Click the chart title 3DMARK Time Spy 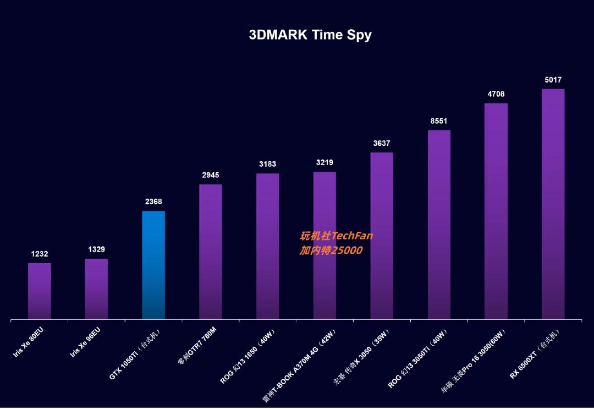pos(310,35)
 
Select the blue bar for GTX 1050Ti pos(153,264)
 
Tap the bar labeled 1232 pos(40,291)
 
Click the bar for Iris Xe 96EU pos(96,288)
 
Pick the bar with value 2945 pos(211,251)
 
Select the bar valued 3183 pos(267,246)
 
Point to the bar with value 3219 pos(324,245)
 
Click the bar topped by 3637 pos(382,235)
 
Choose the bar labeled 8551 pos(439,224)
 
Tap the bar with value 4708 pos(496,211)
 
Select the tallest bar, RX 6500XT pos(553,204)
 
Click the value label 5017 pos(553,80)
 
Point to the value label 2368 pos(153,202)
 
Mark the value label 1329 pos(97,250)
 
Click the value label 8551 pos(439,121)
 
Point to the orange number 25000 pos(346,250)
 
